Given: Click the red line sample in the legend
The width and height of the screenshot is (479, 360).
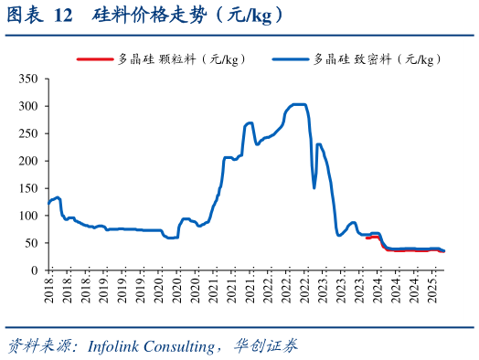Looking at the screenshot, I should pyautogui.click(x=93, y=59).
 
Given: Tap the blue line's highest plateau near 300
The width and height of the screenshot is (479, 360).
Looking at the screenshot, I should pyautogui.click(x=298, y=104).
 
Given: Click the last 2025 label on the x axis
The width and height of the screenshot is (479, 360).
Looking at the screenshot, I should pyautogui.click(x=434, y=294).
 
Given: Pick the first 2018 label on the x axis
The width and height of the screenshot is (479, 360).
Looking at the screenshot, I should pyautogui.click(x=48, y=294).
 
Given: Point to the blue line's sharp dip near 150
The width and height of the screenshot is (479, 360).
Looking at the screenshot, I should pyautogui.click(x=314, y=187).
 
